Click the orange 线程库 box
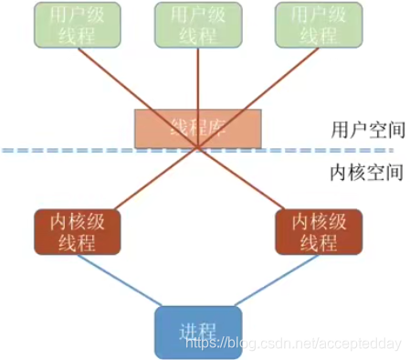[198, 129]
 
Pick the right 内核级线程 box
[319, 231]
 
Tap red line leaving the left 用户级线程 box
[110, 78]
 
